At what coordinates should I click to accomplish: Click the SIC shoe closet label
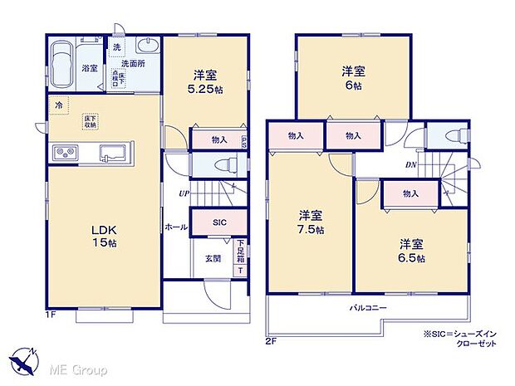tap(217, 222)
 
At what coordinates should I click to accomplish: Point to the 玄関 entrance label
tap(213, 258)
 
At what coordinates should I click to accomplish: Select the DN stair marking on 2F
tap(411, 165)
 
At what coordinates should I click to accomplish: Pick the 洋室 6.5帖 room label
tap(410, 251)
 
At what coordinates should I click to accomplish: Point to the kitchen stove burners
tap(66, 152)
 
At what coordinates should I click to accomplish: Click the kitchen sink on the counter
tap(114, 152)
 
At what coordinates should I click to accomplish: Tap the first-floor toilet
tap(223, 164)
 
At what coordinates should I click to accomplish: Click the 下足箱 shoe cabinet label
tap(241, 249)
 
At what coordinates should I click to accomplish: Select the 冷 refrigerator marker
tap(59, 105)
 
